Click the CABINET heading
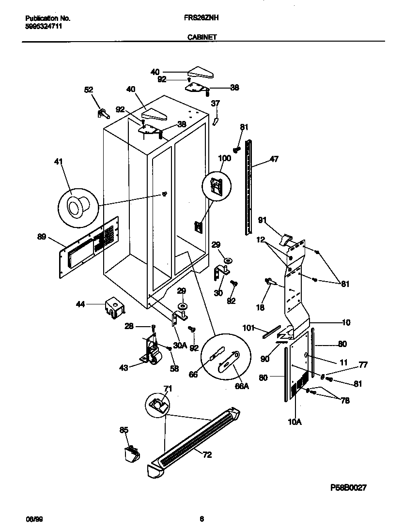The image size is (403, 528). (202, 36)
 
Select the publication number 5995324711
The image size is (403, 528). (44, 26)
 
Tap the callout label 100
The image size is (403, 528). (224, 158)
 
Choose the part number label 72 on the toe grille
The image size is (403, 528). (207, 455)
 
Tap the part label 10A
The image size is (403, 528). (294, 422)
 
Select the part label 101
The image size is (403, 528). (248, 328)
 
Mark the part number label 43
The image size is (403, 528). (124, 368)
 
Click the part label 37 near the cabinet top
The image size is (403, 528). (216, 103)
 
